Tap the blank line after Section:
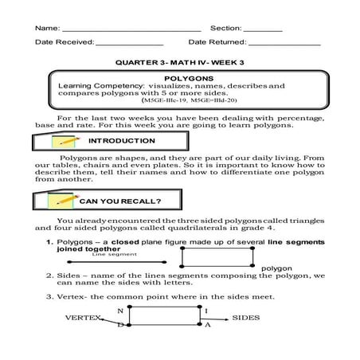pos(263,30)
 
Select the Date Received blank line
pos(129,46)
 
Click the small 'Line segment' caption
pos(109,255)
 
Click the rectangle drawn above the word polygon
pos(220,256)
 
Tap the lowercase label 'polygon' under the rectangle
pos(277,268)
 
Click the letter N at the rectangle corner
pos(120,310)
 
